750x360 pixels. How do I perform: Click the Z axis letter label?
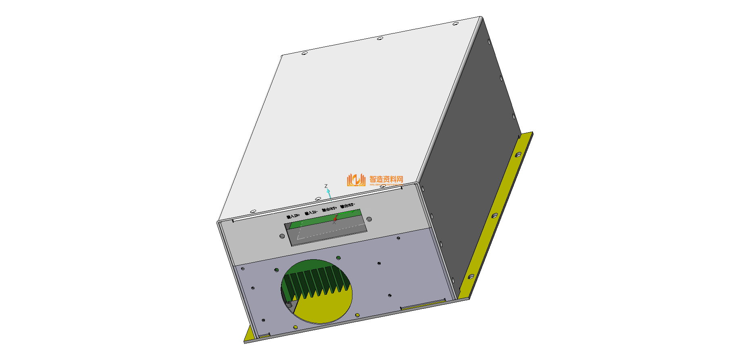(326, 186)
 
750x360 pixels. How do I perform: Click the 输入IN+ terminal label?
(293, 216)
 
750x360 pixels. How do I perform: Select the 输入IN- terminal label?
(311, 212)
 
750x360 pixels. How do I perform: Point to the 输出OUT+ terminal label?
(329, 209)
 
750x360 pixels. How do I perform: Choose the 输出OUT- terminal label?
(348, 206)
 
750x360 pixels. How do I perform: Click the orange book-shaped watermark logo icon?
(356, 180)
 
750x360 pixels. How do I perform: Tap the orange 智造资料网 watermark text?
(386, 179)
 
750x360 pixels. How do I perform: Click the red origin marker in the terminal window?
(335, 218)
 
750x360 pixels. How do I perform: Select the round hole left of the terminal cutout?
(282, 236)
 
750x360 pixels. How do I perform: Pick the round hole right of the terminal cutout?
(369, 219)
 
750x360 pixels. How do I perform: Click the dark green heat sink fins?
(315, 280)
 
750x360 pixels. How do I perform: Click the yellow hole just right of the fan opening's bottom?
(357, 314)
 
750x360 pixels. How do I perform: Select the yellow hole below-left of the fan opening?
(296, 327)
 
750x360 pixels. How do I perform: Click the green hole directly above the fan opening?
(338, 258)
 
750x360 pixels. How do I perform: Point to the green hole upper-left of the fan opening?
(277, 270)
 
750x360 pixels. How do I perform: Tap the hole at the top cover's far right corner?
(455, 24)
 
